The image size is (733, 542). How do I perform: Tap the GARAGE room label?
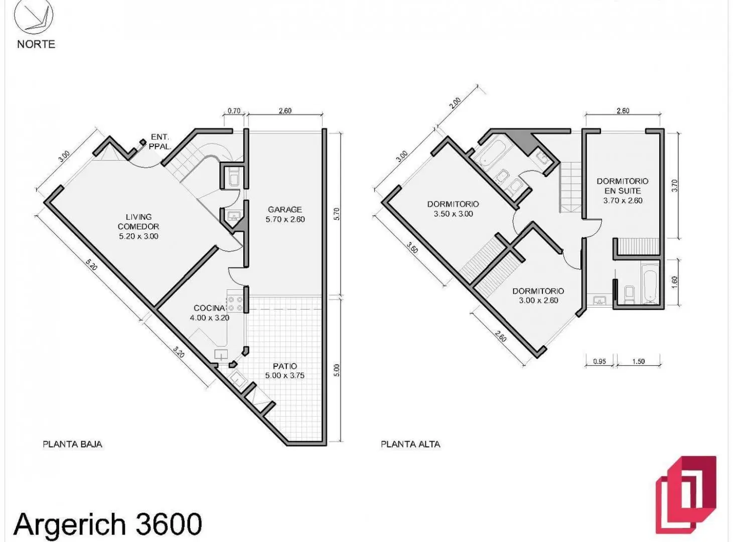point(285,214)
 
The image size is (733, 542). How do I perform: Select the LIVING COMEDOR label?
point(138,226)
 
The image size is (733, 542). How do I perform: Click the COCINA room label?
point(210,313)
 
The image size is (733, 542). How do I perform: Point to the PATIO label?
point(285,371)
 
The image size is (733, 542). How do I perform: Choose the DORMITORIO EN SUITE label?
point(623,191)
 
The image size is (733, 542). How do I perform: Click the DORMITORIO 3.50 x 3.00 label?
point(453,209)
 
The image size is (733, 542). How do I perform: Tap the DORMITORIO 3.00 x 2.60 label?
point(538,296)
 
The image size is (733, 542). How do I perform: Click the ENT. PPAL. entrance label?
point(160,142)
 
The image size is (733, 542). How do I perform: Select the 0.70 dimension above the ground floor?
point(234,111)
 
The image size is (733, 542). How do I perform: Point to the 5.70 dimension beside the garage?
point(337,214)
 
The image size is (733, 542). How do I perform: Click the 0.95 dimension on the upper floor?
point(600,361)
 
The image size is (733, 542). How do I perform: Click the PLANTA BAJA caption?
point(72,444)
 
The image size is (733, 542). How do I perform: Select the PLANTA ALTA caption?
point(410,444)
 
